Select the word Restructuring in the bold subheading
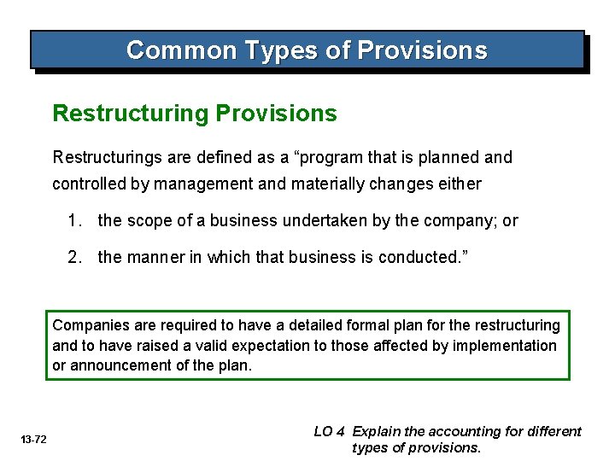[x=131, y=114]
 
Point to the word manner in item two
[x=153, y=256]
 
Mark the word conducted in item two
[x=419, y=256]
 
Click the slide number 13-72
[x=34, y=440]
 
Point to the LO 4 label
[x=330, y=432]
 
